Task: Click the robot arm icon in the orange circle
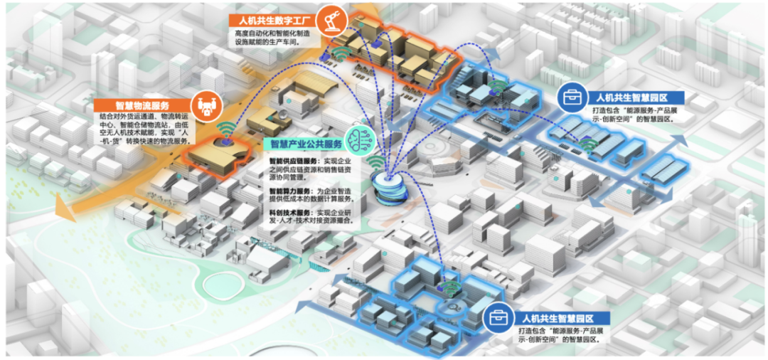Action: pyautogui.click(x=329, y=20)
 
